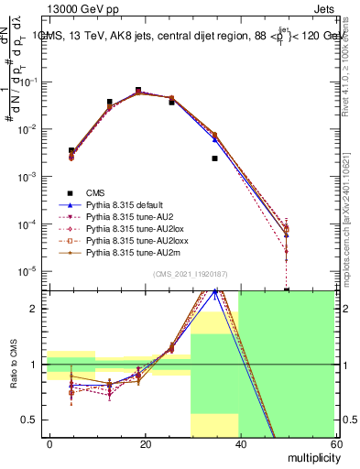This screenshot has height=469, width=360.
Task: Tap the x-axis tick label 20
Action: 145,443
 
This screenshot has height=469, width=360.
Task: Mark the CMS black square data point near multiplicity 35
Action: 214,158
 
